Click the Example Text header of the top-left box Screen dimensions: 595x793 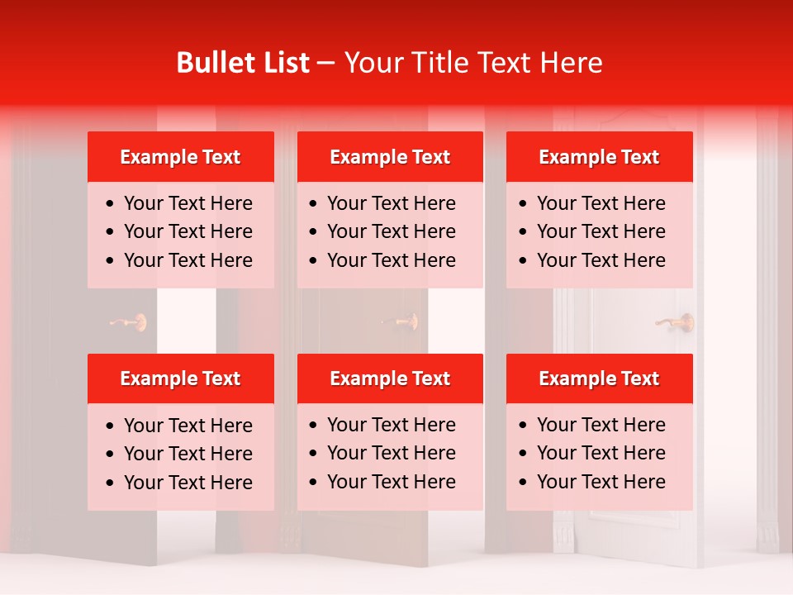(x=180, y=157)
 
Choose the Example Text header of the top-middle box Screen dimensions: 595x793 (x=390, y=157)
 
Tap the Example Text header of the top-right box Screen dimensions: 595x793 (x=599, y=157)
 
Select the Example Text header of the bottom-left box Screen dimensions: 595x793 (x=180, y=378)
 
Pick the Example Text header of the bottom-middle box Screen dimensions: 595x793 (x=390, y=378)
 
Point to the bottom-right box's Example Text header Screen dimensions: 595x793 (x=599, y=378)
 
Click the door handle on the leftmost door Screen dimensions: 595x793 (x=130, y=321)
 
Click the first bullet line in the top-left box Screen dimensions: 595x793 (x=188, y=203)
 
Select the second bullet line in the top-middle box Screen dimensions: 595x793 (x=391, y=231)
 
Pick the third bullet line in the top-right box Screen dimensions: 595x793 (x=601, y=260)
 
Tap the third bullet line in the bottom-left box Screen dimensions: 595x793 (x=188, y=483)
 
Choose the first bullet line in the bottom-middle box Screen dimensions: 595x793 (x=391, y=425)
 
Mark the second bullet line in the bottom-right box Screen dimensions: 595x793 (x=601, y=453)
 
